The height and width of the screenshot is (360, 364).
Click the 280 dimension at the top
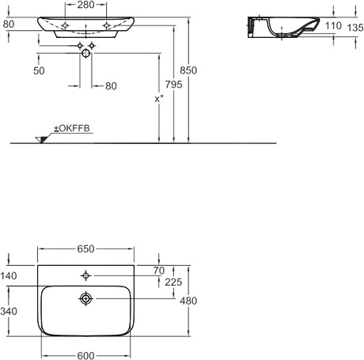(x=85, y=5)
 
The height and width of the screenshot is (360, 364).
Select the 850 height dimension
(x=188, y=70)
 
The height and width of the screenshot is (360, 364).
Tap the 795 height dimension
(x=174, y=85)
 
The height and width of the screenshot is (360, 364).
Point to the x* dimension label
(x=159, y=99)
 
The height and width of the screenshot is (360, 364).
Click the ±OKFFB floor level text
(x=72, y=128)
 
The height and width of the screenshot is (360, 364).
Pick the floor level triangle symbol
(x=42, y=140)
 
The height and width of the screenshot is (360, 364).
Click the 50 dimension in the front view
(x=39, y=70)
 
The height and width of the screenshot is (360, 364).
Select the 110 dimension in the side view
(x=333, y=26)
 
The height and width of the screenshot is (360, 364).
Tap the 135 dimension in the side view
(x=355, y=28)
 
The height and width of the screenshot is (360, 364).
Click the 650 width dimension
(x=85, y=248)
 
